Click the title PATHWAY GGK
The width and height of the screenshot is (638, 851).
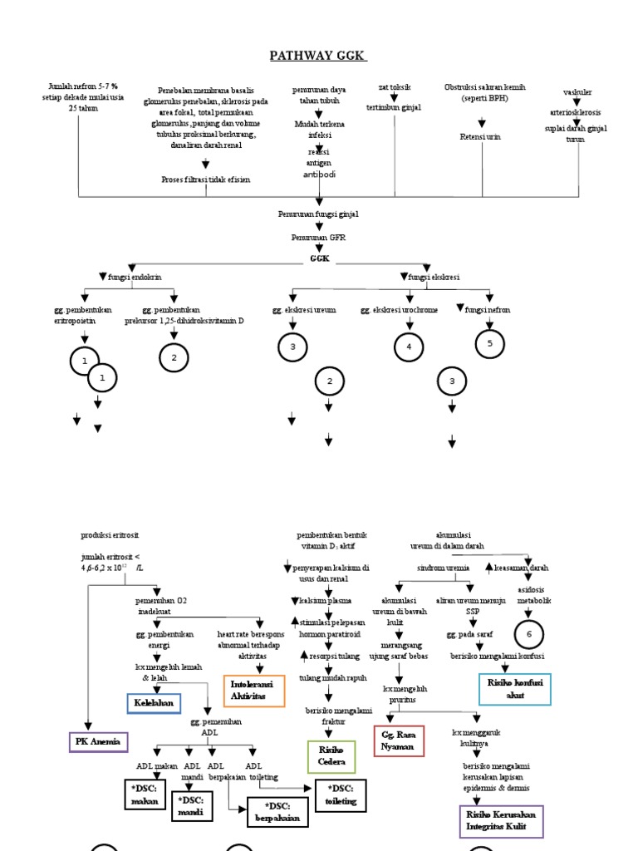click(318, 56)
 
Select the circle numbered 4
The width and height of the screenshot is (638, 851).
click(408, 347)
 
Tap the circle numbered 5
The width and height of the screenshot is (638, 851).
click(489, 342)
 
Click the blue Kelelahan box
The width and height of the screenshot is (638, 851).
click(154, 703)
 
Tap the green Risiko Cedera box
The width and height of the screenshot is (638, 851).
click(331, 756)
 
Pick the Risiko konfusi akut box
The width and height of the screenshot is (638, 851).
click(515, 688)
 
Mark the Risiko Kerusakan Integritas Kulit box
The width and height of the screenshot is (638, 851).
click(501, 821)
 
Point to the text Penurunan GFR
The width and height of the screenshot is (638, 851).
click(318, 237)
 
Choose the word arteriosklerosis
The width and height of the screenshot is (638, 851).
click(577, 111)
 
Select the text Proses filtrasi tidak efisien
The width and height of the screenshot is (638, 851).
click(205, 179)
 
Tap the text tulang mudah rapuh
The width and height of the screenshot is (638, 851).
click(331, 678)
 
